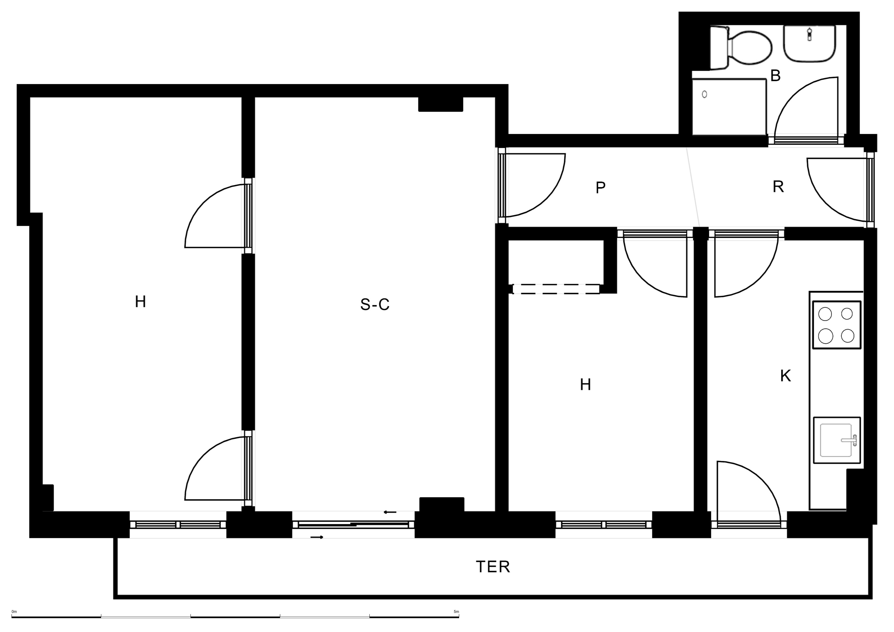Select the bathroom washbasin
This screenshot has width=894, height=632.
[x=809, y=44]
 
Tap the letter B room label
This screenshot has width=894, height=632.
[x=775, y=76]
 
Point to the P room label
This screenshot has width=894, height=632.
[x=600, y=188]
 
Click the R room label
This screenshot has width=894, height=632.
[x=778, y=187]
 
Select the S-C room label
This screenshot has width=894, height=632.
[x=375, y=304]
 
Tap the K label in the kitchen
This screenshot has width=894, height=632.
[x=785, y=376]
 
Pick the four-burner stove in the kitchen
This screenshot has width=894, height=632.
[x=836, y=325]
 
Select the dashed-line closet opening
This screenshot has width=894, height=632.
[x=556, y=289]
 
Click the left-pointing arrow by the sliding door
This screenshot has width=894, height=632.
[x=390, y=512]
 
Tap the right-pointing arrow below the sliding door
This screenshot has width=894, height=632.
[x=317, y=537]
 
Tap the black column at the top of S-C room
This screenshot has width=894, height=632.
[x=440, y=104]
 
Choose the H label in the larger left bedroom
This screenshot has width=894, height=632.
[x=140, y=302]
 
